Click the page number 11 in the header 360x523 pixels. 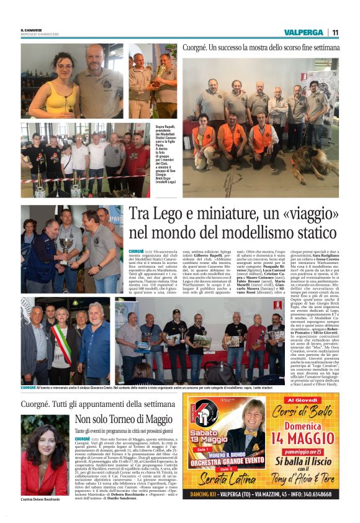click(x=335, y=32)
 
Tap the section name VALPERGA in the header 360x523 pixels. click(x=303, y=32)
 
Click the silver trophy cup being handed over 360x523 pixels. click(x=64, y=244)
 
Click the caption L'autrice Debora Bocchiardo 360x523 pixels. click(x=42, y=499)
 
